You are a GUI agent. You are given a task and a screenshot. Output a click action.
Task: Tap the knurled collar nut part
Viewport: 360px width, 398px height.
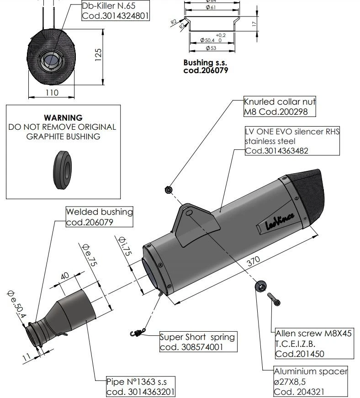point(168,189)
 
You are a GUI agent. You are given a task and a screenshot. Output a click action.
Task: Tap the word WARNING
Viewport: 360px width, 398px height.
point(63,118)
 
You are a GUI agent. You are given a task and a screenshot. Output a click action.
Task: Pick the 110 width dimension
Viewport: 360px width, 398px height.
point(52,92)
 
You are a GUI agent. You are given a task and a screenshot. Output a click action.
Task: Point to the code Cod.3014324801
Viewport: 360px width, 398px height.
point(115,16)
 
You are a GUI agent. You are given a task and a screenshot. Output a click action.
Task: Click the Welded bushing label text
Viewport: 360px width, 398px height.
point(100,212)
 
